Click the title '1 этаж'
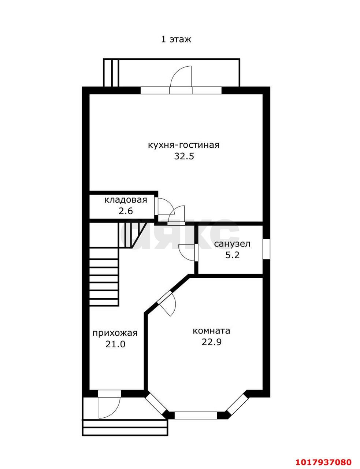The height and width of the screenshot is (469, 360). (176, 40)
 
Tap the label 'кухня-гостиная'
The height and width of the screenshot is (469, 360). (183, 145)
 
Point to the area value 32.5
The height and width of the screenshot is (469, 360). (184, 156)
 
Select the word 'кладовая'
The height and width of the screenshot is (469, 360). (126, 200)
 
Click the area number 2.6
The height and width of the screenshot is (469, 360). (126, 211)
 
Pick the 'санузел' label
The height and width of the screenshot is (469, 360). (232, 244)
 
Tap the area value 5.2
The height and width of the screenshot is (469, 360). (233, 255)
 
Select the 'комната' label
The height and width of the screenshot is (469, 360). (211, 331)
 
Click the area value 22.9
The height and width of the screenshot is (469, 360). (212, 342)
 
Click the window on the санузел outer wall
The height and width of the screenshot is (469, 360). (266, 248)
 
